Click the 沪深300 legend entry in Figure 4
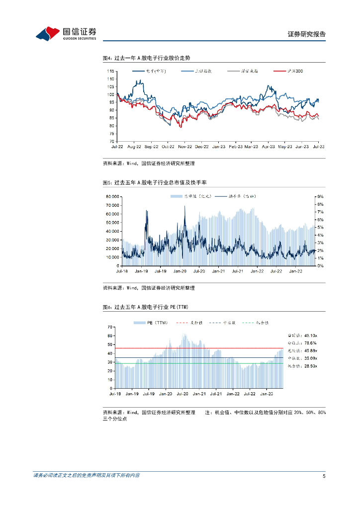291,71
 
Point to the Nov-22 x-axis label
185,147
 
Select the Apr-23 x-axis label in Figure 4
269,147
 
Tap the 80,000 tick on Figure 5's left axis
111,197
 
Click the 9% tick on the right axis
321,197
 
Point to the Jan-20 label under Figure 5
180,271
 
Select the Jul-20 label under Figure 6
182,393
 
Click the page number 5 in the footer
324,476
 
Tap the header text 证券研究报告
307,34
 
